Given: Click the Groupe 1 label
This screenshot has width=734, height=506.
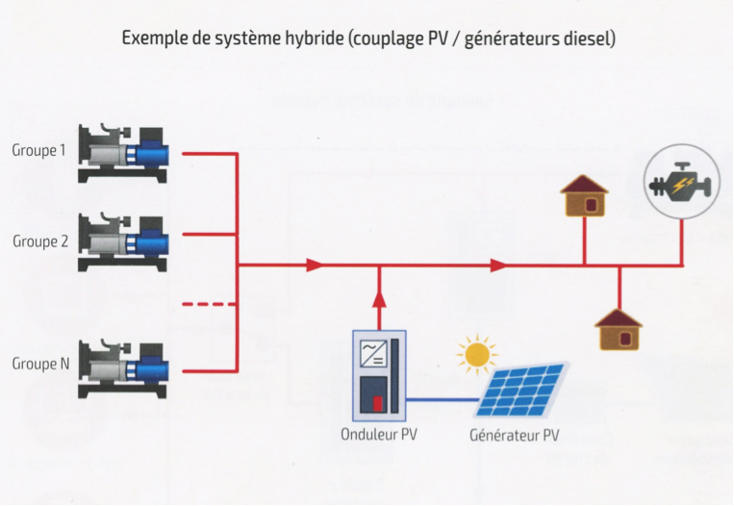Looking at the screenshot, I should tap(39, 150).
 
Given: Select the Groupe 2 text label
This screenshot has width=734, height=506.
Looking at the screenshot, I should tap(39, 240).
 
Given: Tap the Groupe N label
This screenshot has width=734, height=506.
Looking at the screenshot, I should tap(39, 364).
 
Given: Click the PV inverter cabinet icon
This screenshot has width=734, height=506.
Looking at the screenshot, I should tap(379, 375).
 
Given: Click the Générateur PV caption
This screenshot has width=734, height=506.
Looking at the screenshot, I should tap(514, 434).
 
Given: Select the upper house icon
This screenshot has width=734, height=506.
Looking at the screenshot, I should tap(584, 196).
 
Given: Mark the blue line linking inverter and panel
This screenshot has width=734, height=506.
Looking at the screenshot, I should tap(443, 399).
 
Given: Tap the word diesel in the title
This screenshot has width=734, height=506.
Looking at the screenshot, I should tap(585, 39).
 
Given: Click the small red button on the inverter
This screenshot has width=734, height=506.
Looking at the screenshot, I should tap(377, 401).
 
